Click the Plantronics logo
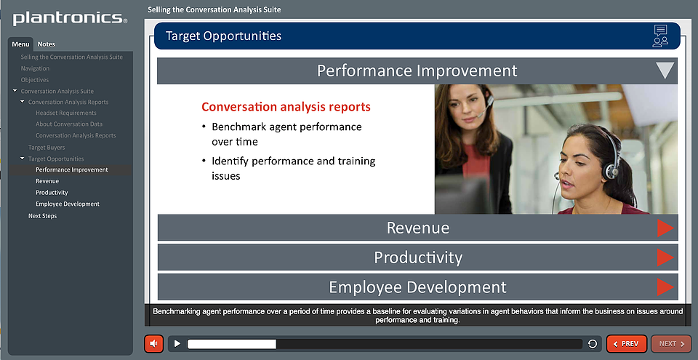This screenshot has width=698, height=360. point(70,18)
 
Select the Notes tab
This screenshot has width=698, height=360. point(47,44)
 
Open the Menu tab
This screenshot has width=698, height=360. point(20,44)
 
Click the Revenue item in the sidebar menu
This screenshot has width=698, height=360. point(47,181)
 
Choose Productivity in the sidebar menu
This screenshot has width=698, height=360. point(52,193)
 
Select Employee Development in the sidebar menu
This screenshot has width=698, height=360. point(68,204)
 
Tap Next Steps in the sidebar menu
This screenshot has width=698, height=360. point(43,216)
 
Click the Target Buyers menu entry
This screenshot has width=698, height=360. point(47,148)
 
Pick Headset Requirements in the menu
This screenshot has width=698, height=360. point(66,113)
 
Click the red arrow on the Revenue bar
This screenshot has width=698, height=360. point(665,228)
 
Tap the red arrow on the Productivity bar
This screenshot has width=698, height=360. point(665,257)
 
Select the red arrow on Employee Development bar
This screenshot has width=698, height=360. point(665,287)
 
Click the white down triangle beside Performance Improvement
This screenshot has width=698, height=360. point(665,70)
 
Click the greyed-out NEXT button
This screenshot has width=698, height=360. point(671,344)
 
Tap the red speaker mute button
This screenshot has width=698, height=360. point(154,344)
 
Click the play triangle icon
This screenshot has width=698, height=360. point(177,343)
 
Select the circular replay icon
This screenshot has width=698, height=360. point(593,343)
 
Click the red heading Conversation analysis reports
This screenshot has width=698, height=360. point(286,107)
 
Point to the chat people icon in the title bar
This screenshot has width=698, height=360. point(661,36)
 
